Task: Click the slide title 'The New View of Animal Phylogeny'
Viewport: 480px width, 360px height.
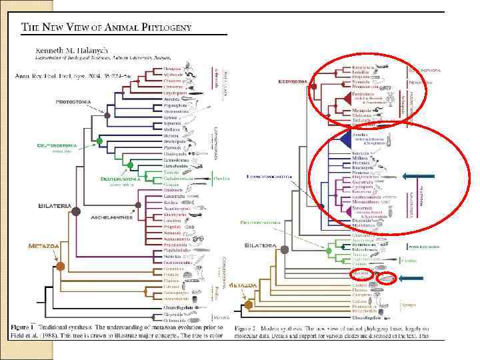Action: click(x=107, y=27)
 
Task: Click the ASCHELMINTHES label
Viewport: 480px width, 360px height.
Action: click(x=113, y=217)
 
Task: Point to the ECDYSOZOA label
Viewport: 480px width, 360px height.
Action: click(x=291, y=81)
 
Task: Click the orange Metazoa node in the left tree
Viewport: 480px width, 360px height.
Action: click(x=61, y=267)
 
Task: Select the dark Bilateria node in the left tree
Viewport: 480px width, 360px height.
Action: click(x=77, y=212)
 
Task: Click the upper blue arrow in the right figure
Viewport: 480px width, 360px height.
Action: click(x=418, y=176)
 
